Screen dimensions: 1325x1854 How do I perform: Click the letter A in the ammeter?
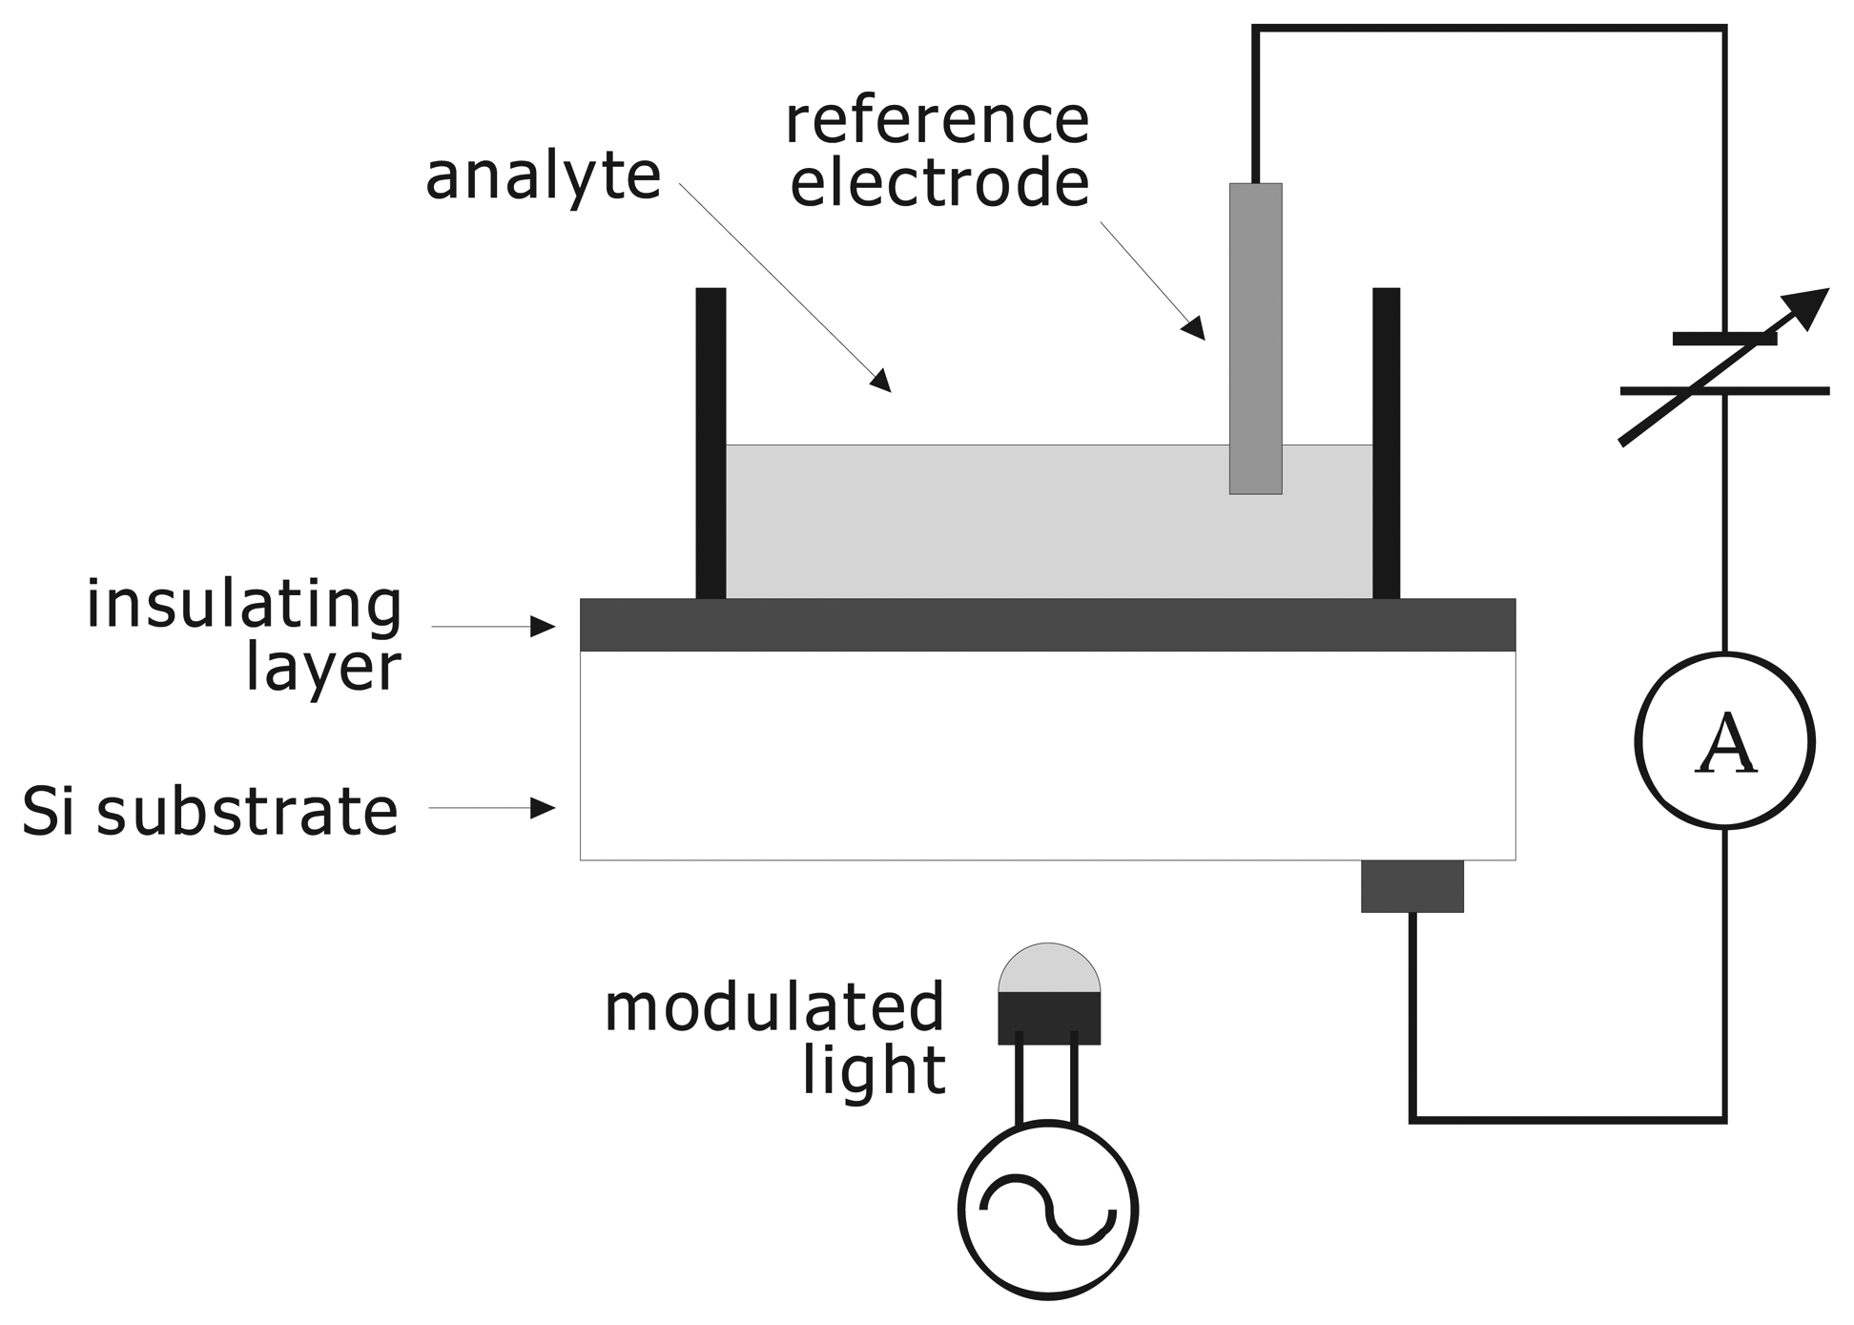[1725, 744]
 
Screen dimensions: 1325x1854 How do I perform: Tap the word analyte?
[543, 177]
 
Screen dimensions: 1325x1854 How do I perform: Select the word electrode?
[939, 183]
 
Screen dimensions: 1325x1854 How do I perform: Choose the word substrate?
[246, 812]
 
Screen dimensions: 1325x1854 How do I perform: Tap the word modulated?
[773, 1008]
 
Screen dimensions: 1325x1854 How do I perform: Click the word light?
[874, 1071]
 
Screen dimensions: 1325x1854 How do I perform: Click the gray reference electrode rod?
[1255, 339]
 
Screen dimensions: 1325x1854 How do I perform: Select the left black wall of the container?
[711, 444]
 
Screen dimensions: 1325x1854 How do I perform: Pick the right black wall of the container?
[1386, 444]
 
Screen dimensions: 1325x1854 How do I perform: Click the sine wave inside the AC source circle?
[1047, 1211]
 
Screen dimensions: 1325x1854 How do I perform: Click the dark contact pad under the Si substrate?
[1411, 886]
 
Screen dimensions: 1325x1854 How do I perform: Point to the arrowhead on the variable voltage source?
[1808, 307]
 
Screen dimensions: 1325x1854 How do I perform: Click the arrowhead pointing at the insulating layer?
[544, 627]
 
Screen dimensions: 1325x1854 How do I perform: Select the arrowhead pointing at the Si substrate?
[544, 808]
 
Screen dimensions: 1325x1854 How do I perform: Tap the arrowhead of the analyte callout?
[880, 380]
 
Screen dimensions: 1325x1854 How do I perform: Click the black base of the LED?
[1049, 1018]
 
